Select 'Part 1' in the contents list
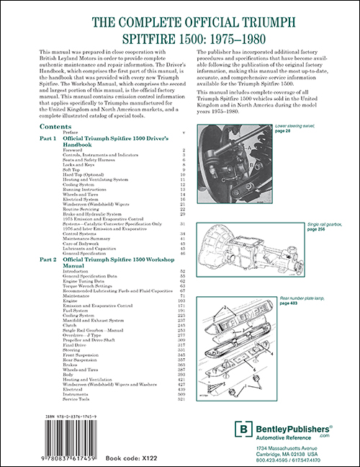(x=50, y=138)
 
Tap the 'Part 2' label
(x=50, y=258)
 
